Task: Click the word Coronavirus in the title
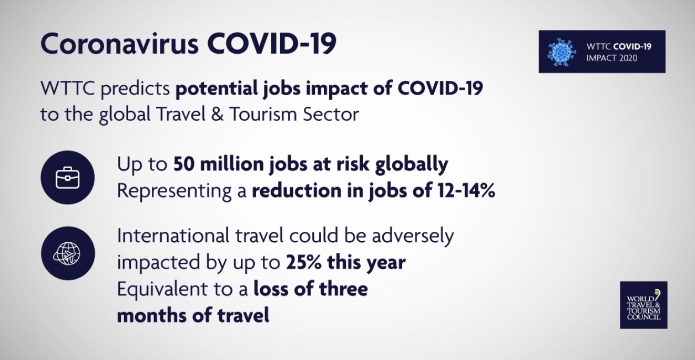coord(119,44)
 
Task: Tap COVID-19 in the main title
coord(272,44)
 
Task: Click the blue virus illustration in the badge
coord(561,52)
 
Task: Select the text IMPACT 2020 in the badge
coord(611,58)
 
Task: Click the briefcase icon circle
coord(68,178)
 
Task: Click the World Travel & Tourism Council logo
coord(643,305)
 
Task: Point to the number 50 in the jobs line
coord(184,164)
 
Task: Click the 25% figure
coord(304,262)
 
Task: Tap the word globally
coord(412,164)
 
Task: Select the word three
coord(343,289)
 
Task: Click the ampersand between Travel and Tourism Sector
coord(218,114)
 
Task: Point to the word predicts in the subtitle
coord(135,89)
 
